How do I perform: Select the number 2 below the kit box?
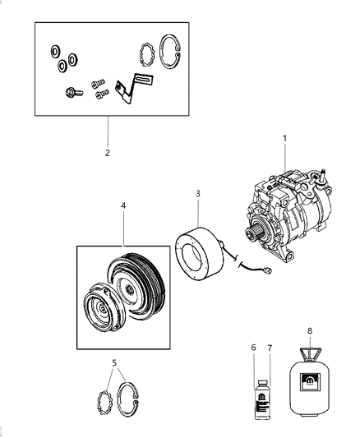[x=108, y=152]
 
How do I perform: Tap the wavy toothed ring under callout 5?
[x=104, y=403]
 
